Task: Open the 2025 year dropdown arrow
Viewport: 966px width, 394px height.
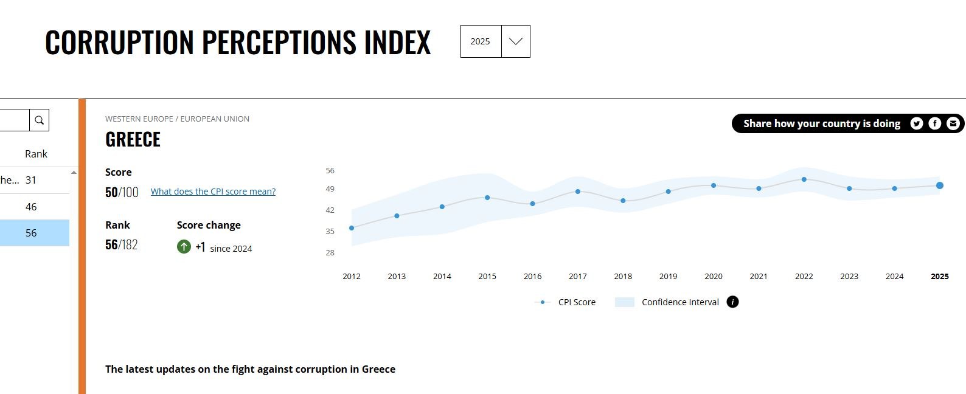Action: [515, 41]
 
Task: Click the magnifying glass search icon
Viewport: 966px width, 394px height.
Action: [40, 120]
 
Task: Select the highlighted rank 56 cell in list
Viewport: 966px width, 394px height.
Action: [31, 233]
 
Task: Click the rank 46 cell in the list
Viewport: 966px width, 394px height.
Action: [31, 207]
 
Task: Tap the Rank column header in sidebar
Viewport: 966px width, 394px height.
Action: [36, 154]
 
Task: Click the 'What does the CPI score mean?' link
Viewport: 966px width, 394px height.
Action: [213, 192]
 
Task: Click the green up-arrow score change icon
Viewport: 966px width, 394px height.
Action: [184, 247]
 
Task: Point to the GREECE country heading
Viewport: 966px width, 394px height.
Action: [133, 140]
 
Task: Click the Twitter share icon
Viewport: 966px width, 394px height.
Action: [916, 123]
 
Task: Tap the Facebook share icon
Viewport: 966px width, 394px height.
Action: [935, 123]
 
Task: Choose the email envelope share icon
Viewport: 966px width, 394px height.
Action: [953, 123]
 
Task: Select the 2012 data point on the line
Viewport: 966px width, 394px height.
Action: [352, 228]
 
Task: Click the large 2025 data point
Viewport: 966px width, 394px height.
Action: [940, 185]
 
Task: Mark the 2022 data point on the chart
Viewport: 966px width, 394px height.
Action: [804, 179]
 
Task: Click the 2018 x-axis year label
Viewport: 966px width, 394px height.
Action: [623, 276]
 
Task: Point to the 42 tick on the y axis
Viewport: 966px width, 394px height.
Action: [330, 210]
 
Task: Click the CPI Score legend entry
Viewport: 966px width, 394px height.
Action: [576, 302]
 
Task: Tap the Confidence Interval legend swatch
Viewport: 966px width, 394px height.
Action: [625, 302]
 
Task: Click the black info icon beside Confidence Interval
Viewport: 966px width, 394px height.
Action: [733, 302]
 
